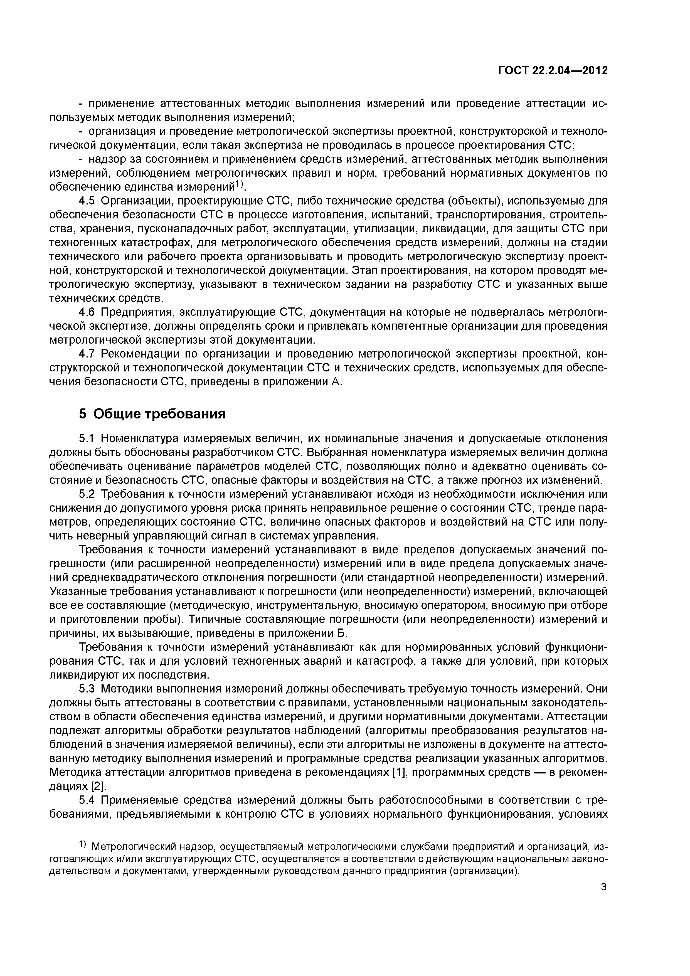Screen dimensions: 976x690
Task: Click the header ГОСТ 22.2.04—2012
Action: tap(553, 71)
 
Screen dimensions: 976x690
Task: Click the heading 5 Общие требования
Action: tap(152, 414)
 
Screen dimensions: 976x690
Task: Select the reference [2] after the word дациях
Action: tap(99, 786)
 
